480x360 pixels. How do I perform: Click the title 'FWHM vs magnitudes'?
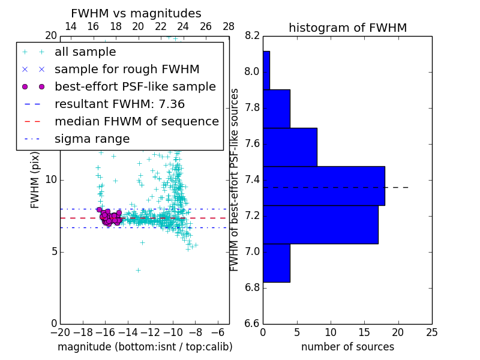pos(136,14)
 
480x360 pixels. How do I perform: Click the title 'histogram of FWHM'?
pos(347,28)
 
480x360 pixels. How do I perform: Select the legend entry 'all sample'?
pos(85,52)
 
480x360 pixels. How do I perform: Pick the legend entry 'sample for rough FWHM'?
pos(127,70)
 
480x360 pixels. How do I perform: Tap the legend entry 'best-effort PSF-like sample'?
pos(135,87)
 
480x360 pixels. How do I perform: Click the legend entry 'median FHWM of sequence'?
pos(136,122)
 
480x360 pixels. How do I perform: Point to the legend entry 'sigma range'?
pos(92,139)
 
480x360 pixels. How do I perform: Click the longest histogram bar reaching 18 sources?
pos(323,186)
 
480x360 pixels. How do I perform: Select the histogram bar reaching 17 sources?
pos(320,224)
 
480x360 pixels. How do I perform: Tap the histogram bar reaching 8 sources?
pos(290,147)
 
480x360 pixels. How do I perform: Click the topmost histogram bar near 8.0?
pos(266,70)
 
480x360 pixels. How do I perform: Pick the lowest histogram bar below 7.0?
pos(276,263)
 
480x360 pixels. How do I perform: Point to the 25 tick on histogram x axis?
pos(431,332)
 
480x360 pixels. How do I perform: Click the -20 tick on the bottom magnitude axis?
pos(60,332)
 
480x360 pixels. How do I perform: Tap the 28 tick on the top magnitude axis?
pos(229,26)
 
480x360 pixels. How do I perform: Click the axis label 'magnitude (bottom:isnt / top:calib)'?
pos(145,347)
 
